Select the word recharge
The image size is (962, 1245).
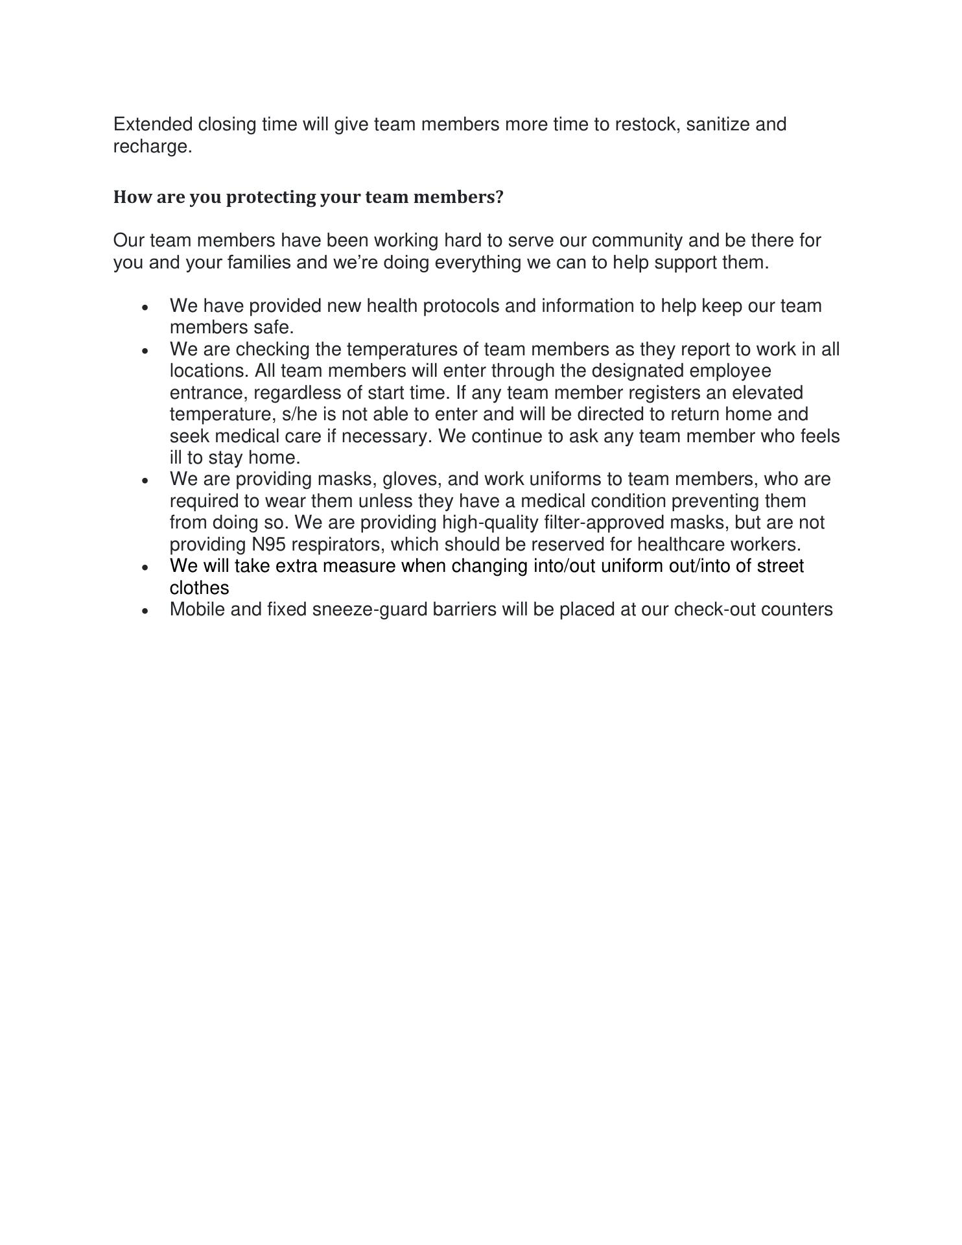(152, 147)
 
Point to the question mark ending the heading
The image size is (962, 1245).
(499, 197)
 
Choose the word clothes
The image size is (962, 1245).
(199, 588)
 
